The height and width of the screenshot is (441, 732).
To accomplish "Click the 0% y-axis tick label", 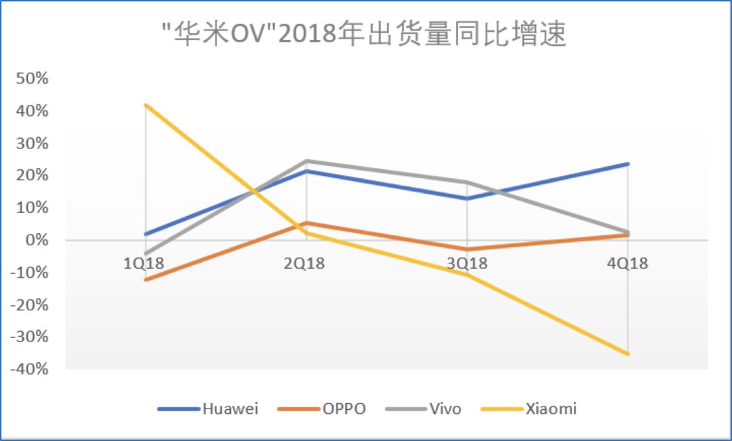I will pos(37,240).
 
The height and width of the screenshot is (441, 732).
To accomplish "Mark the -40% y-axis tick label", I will pos(29,370).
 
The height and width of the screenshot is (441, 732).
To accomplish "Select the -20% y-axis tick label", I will pos(29,305).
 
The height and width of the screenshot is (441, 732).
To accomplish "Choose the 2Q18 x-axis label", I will pos(305,263).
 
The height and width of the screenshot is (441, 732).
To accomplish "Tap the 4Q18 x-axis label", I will pos(628,263).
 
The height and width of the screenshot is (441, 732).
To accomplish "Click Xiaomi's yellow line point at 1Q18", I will pos(145,105).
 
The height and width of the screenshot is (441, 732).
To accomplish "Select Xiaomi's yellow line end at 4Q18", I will pos(628,354).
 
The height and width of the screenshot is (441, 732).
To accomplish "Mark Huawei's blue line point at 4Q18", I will pos(628,164).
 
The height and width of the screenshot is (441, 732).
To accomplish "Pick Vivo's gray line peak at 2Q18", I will pos(306,161).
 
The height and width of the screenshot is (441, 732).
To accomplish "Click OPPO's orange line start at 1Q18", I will pos(145,279).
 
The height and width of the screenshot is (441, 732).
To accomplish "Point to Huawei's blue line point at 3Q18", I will pos(467,198).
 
